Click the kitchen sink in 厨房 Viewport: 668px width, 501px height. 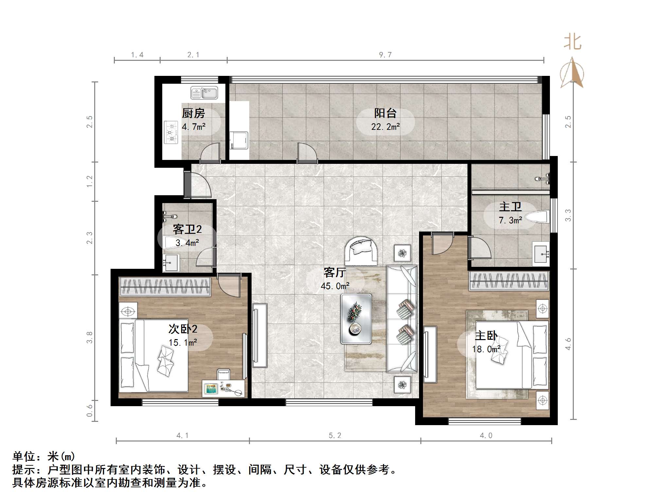(x=204, y=93)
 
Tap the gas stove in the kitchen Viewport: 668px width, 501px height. (x=171, y=132)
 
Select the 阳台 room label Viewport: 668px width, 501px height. (x=385, y=113)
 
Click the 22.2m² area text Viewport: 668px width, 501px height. (x=385, y=127)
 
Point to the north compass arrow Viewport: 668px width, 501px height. (x=571, y=73)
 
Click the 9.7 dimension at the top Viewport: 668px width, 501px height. (x=385, y=55)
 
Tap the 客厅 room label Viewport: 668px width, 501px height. (x=335, y=272)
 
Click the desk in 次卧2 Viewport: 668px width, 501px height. (x=223, y=389)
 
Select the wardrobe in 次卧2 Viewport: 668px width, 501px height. (x=165, y=287)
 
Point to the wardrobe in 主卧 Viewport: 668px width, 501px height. (x=509, y=281)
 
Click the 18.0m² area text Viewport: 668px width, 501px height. (x=486, y=349)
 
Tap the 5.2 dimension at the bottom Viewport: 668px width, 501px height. (x=335, y=436)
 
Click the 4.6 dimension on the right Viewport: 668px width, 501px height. (x=568, y=344)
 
